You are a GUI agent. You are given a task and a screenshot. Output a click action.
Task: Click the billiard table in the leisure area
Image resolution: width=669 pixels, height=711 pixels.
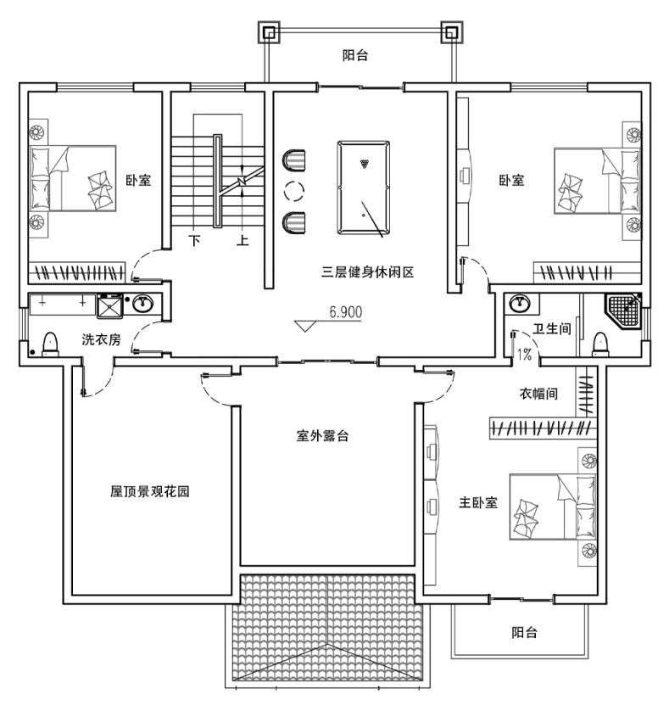tap(365, 188)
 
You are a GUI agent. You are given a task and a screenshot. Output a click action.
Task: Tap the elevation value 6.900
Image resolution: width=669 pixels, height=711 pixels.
tap(345, 312)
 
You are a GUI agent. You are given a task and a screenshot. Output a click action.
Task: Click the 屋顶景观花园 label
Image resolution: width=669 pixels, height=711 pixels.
tap(149, 491)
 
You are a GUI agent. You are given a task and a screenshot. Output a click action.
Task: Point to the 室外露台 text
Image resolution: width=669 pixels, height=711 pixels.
tap(322, 436)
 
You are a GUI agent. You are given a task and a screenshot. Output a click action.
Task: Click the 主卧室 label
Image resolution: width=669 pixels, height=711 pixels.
tap(478, 502)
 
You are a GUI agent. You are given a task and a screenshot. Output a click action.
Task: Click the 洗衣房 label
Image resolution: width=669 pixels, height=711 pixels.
tap(101, 339)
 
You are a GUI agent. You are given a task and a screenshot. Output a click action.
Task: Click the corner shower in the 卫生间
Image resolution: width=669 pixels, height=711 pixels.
tap(626, 310)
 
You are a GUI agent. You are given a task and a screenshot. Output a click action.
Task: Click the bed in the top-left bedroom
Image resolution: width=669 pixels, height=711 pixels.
tap(74, 178)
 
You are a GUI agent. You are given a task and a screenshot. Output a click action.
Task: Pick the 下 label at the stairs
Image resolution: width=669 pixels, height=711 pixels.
tap(195, 241)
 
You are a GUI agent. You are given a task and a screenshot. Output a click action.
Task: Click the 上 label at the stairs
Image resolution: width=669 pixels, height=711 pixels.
tap(243, 241)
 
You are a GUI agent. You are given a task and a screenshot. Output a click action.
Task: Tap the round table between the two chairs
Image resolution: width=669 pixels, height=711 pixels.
tap(294, 190)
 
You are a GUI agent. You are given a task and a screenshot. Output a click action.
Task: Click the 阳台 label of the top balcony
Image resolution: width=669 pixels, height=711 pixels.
tap(355, 56)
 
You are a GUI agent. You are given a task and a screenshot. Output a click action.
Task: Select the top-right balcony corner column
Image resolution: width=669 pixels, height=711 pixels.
tap(450, 33)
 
